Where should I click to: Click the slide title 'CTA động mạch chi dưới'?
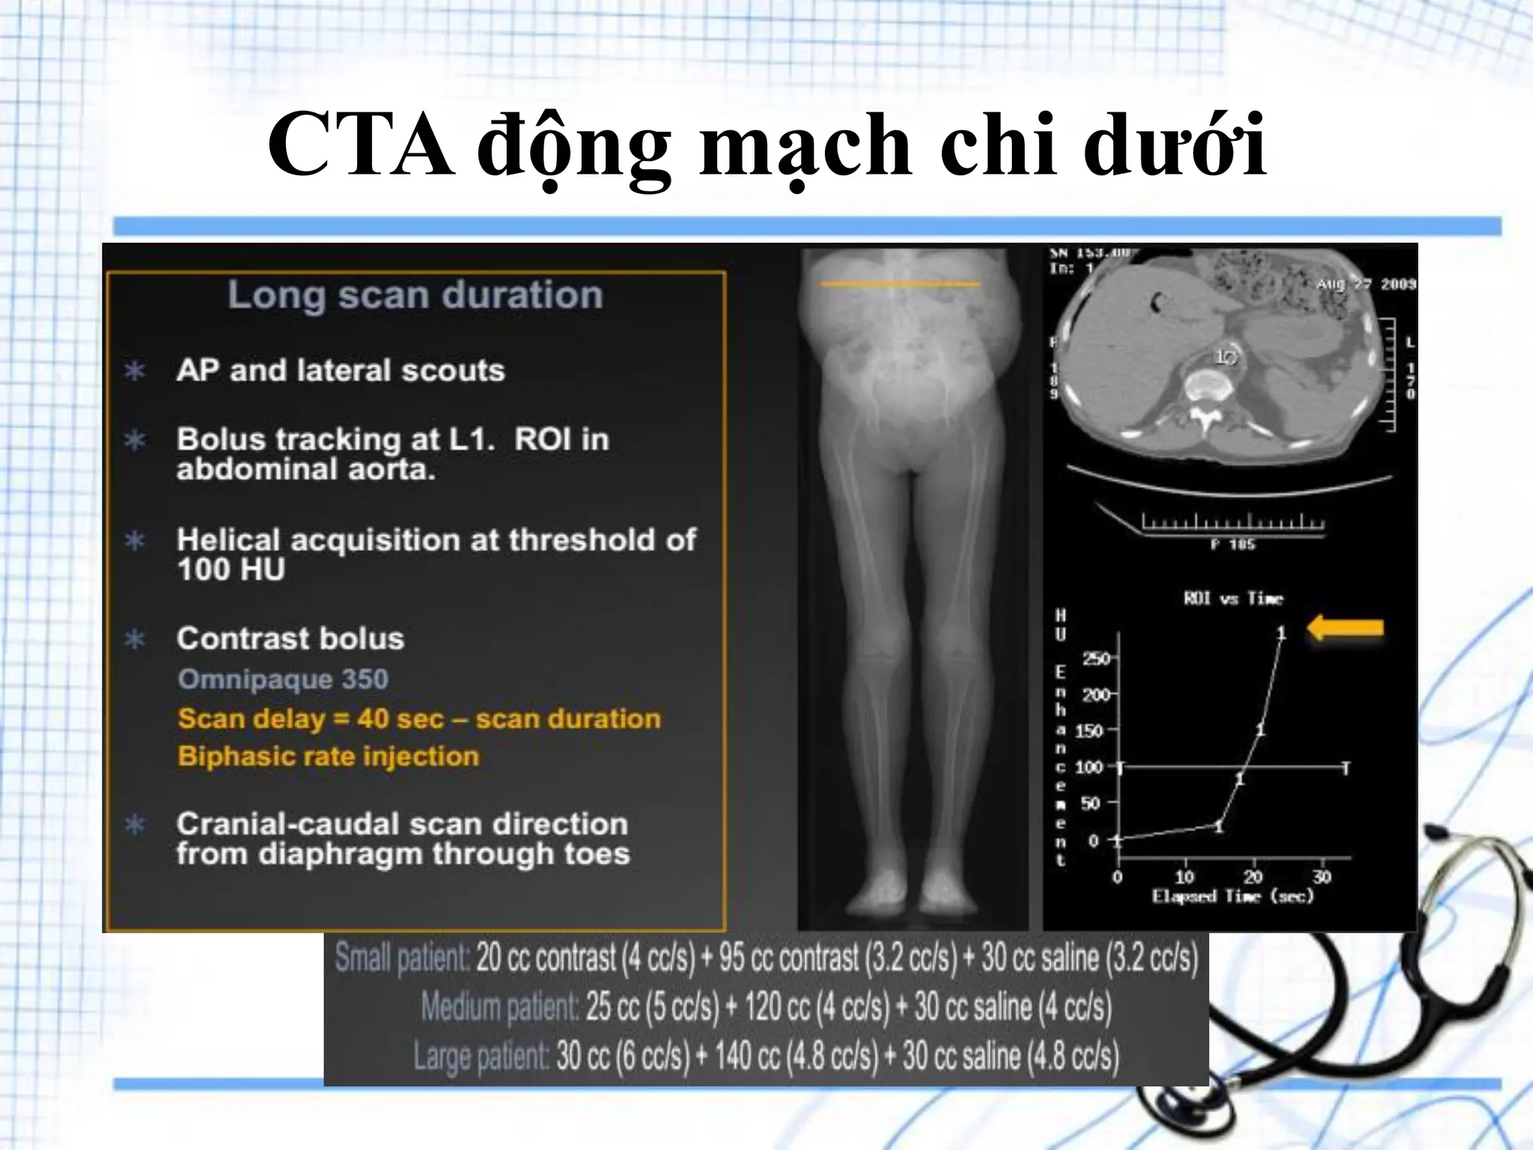(766, 144)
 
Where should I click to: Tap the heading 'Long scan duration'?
(415, 294)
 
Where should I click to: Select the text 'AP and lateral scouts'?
(341, 371)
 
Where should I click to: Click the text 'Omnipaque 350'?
(283, 679)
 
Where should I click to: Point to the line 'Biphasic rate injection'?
(329, 756)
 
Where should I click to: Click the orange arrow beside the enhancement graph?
(1345, 629)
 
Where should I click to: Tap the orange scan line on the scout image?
(899, 285)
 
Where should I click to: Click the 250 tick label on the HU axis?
(1096, 659)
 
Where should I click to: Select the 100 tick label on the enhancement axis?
(1089, 767)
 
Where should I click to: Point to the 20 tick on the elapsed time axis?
(1253, 877)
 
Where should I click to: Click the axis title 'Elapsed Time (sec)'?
(1233, 896)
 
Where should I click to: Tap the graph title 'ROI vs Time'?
(1234, 598)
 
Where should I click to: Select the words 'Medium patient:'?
(499, 1007)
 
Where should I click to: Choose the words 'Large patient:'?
(481, 1056)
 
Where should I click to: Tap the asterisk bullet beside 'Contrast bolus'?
(135, 639)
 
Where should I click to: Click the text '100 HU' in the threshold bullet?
(231, 571)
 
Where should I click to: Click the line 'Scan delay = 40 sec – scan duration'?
(419, 719)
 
